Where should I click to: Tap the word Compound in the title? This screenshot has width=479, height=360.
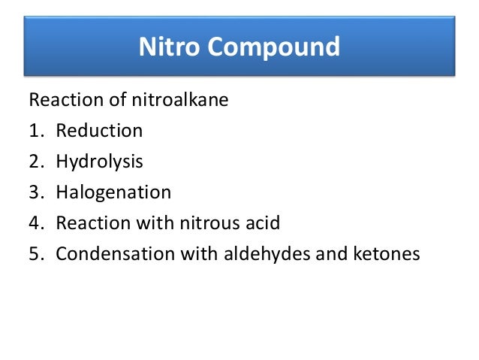click(x=274, y=47)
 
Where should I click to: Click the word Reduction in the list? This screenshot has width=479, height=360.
click(x=99, y=130)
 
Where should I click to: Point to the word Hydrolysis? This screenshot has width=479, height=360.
click(x=100, y=162)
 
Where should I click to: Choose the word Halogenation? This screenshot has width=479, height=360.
click(x=113, y=192)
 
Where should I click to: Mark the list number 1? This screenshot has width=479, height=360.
click(x=35, y=131)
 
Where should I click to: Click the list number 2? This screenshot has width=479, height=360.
click(x=35, y=162)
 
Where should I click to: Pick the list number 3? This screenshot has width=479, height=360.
click(x=35, y=192)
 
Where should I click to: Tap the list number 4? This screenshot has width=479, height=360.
click(x=35, y=223)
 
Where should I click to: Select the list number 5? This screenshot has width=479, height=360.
click(x=35, y=254)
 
